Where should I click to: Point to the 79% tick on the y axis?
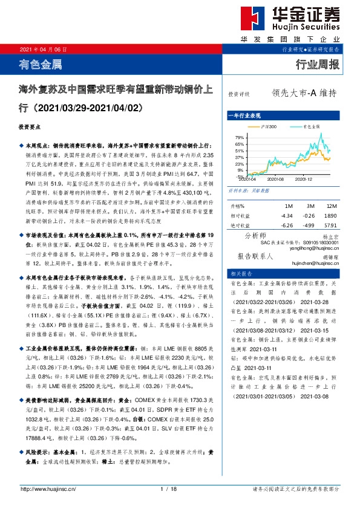click(x=239, y=138)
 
